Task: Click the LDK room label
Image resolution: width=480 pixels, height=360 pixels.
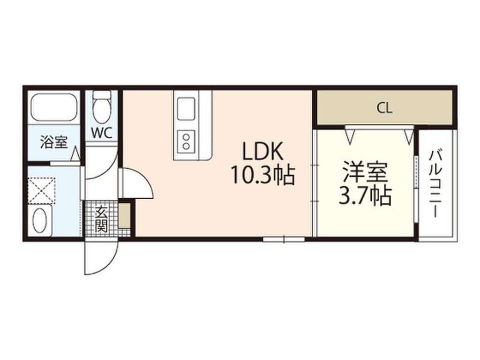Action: [262, 153]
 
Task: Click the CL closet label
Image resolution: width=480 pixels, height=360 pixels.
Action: [384, 109]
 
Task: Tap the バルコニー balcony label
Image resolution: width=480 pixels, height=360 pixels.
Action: [435, 183]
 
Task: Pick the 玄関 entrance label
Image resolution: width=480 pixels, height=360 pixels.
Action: [101, 219]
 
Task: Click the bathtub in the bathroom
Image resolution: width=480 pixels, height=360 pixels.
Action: [54, 107]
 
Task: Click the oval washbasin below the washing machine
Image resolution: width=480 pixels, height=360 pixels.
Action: [41, 222]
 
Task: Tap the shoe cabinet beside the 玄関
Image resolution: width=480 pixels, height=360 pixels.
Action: [125, 215]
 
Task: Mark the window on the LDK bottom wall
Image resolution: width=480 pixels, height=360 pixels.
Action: [284, 239]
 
